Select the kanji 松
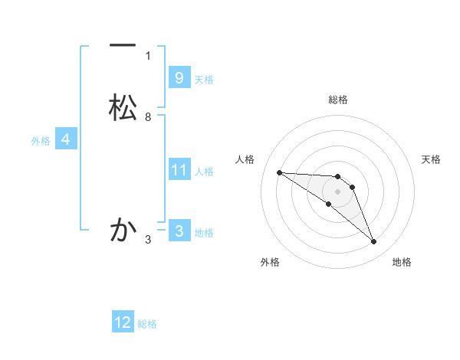[123, 107]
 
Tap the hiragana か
[123, 230]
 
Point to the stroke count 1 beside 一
[148, 55]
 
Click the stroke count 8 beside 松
[148, 116]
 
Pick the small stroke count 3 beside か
[148, 240]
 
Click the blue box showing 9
[179, 77]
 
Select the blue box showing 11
[179, 170]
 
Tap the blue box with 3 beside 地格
[179, 231]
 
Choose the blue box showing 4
[66, 139]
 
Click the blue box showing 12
[123, 322]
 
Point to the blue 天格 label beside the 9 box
[204, 79]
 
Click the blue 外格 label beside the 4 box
[41, 141]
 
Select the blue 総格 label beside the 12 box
[147, 324]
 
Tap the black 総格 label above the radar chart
[337, 100]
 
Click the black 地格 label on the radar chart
[402, 263]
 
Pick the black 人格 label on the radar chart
[245, 159]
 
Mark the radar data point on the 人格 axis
[279, 172]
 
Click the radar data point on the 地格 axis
[374, 242]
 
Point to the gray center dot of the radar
[337, 191]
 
